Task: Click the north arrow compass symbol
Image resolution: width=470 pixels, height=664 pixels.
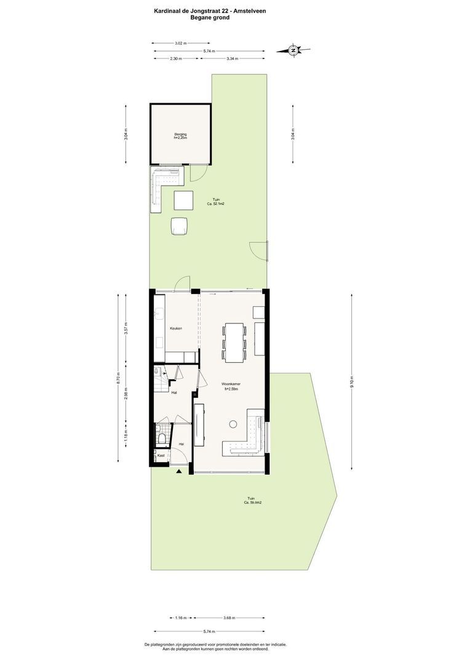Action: pyautogui.click(x=294, y=50)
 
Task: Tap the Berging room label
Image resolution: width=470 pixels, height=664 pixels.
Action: pyautogui.click(x=180, y=134)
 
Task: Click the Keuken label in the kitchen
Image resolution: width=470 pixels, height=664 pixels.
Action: pyautogui.click(x=176, y=328)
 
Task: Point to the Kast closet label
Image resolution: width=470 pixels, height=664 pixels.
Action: pyautogui.click(x=161, y=456)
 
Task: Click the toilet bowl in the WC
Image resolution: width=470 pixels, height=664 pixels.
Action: pyautogui.click(x=161, y=438)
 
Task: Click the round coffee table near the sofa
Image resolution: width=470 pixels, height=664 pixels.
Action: pyautogui.click(x=233, y=423)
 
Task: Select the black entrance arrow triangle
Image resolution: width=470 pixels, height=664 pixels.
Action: pyautogui.click(x=179, y=472)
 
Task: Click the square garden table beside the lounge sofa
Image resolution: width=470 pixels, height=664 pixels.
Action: pyautogui.click(x=183, y=201)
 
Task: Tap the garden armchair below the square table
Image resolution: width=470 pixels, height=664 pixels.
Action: pyautogui.click(x=180, y=226)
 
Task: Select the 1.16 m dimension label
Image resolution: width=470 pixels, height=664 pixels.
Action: pyautogui.click(x=180, y=618)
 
